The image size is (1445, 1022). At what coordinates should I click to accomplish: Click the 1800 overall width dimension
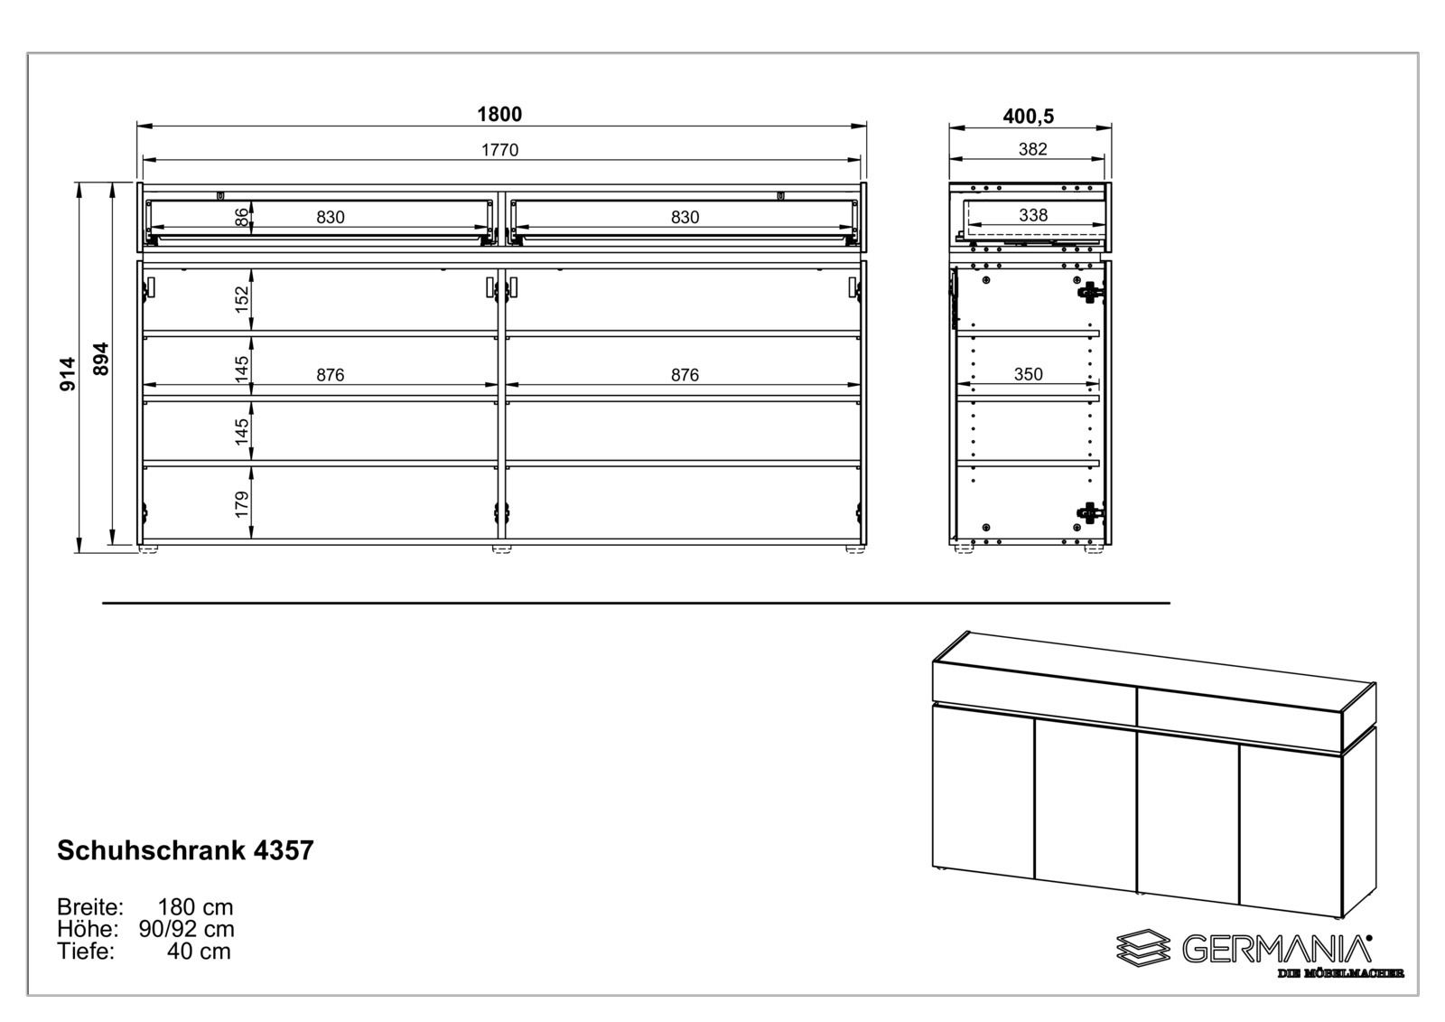[499, 115]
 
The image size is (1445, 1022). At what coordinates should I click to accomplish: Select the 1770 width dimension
[499, 150]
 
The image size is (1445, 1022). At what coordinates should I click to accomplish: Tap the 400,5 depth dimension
[1028, 117]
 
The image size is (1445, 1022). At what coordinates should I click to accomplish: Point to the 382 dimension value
[1032, 149]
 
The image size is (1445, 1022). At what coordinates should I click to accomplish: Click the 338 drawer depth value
[1032, 215]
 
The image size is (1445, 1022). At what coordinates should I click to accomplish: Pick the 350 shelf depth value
[1028, 374]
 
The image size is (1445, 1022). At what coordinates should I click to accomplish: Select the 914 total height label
[68, 373]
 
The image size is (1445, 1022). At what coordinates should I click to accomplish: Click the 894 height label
[101, 359]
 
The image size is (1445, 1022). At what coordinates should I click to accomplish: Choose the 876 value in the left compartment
[331, 375]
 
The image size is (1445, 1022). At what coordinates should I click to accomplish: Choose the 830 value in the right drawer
[685, 217]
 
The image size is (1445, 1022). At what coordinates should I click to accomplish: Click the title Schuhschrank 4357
[185, 850]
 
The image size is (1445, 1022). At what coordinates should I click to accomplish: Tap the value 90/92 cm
[186, 929]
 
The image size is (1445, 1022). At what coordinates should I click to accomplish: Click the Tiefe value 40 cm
[199, 951]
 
